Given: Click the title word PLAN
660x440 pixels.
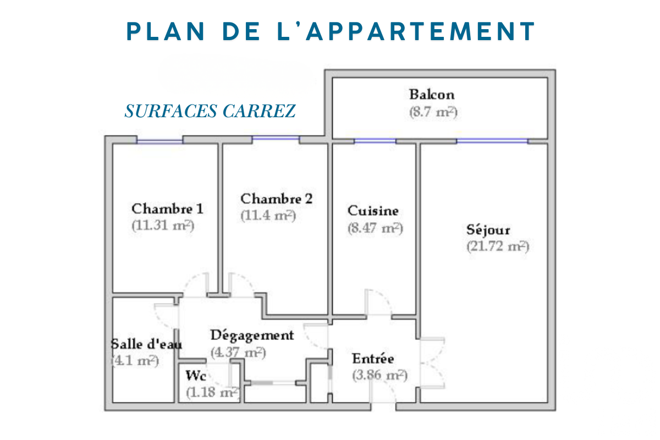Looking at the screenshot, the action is click(x=166, y=31).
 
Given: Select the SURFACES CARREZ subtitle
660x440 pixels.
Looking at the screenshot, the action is click(x=210, y=111).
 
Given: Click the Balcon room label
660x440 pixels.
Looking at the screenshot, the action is click(x=432, y=95).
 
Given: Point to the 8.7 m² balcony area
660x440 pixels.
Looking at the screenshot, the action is click(x=433, y=112).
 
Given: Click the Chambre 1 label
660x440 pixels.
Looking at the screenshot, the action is click(x=167, y=208).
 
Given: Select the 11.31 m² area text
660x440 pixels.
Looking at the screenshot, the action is click(x=163, y=226).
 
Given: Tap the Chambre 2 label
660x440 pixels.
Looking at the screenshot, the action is click(x=276, y=199).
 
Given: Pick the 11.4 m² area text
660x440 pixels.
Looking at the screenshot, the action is click(x=268, y=216).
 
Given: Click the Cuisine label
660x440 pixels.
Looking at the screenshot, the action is click(x=373, y=211).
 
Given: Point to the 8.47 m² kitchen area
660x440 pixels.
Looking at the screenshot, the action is click(x=375, y=228).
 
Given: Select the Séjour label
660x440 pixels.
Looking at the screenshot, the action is click(x=488, y=230).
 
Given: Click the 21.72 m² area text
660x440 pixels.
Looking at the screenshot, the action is click(x=498, y=246).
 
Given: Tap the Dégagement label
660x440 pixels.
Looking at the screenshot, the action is click(x=252, y=335).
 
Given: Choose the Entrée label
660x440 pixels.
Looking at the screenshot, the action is click(x=373, y=359).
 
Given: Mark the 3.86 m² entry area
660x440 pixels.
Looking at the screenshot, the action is click(x=380, y=375).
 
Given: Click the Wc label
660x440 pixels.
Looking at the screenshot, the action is click(x=196, y=376).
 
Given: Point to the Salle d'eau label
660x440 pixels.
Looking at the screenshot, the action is click(x=146, y=344).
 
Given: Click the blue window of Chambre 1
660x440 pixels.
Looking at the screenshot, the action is click(x=159, y=142).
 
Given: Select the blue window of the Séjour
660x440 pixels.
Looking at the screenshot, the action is click(x=492, y=141).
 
